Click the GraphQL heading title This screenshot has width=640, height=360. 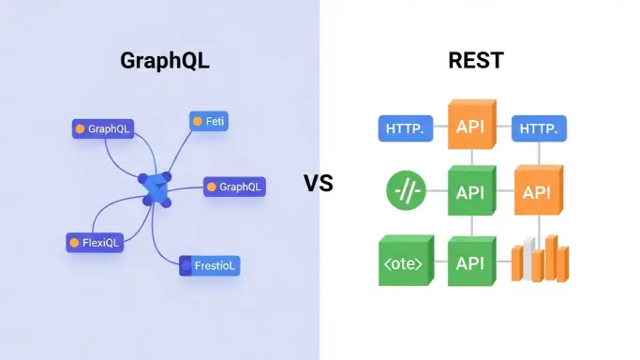164,61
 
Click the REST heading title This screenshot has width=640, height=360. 476,61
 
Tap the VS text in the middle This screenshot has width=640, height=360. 319,183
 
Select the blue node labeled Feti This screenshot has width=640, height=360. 209,121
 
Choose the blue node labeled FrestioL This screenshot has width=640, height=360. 210,265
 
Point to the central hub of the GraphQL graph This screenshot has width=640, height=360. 156,188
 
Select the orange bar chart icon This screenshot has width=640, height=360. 538,259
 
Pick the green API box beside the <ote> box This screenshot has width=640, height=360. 470,262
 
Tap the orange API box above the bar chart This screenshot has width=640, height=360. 537,192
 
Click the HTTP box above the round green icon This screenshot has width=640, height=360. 405,129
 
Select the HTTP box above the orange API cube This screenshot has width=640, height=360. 538,129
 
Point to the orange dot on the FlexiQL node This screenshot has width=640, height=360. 76,243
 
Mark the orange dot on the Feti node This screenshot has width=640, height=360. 197,121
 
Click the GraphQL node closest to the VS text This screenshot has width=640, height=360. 234,187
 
